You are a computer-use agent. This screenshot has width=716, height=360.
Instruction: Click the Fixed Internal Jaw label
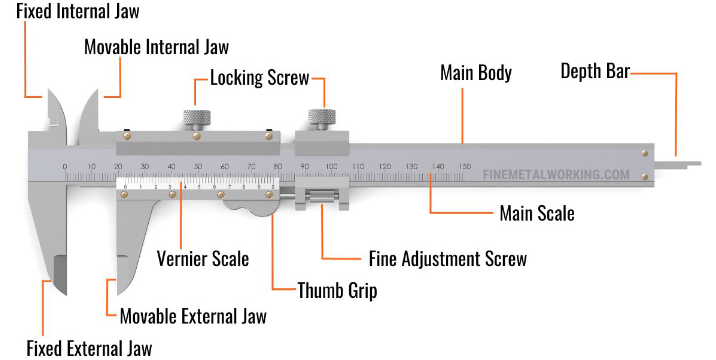click(x=78, y=11)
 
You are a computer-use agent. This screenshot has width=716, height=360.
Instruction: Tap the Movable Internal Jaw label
click(x=157, y=47)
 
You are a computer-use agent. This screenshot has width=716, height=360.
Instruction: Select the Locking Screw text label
click(x=260, y=78)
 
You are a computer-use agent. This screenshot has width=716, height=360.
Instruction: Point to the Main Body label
click(x=476, y=73)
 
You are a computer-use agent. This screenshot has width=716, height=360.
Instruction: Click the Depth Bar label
click(x=595, y=71)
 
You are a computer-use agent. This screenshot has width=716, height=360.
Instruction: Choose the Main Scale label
click(x=537, y=213)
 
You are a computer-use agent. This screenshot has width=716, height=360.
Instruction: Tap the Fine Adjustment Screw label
click(x=448, y=259)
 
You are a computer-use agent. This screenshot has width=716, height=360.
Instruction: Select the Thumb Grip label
click(x=337, y=290)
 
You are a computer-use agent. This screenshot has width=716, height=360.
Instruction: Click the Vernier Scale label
click(x=203, y=259)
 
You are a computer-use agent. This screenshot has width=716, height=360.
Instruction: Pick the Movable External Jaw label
click(x=193, y=316)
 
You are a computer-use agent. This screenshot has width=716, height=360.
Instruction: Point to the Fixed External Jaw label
click(x=89, y=348)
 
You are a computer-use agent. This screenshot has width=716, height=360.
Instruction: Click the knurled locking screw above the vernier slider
click(x=197, y=118)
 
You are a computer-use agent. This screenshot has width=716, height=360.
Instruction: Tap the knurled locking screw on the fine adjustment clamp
click(x=322, y=117)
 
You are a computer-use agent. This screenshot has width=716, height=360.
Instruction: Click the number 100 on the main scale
click(x=331, y=166)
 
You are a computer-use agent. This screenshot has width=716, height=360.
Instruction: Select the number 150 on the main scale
click(x=464, y=166)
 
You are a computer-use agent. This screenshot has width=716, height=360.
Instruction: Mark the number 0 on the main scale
click(x=64, y=166)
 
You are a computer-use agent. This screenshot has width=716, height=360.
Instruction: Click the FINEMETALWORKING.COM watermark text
click(x=556, y=175)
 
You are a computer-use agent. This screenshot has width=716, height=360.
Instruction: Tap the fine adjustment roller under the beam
click(x=322, y=196)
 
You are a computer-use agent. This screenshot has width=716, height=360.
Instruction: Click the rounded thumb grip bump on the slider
click(x=250, y=207)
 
